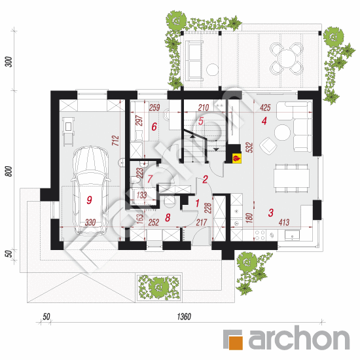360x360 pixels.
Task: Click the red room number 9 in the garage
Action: click(x=89, y=200)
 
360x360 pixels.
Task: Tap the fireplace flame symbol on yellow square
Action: click(x=237, y=158)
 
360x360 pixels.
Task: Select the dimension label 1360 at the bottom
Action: click(x=184, y=317)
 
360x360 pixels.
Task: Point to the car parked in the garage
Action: click(x=90, y=190)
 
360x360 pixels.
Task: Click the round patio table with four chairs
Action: click(x=287, y=58)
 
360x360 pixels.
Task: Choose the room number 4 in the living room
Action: click(x=264, y=121)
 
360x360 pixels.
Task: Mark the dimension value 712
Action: click(x=116, y=141)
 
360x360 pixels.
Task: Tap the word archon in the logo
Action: click(x=299, y=338)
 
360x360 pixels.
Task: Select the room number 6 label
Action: click(x=154, y=127)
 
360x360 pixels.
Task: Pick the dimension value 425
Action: click(x=265, y=107)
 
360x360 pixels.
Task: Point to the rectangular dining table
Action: click(x=291, y=178)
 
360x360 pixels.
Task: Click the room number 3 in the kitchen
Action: click(x=271, y=213)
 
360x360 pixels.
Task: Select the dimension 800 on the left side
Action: click(x=9, y=171)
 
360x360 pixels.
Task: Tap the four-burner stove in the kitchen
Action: click(x=259, y=235)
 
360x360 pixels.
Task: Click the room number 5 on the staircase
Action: click(x=201, y=121)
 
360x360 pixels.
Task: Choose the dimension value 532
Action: click(x=249, y=148)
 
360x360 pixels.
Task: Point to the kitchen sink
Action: click(x=292, y=236)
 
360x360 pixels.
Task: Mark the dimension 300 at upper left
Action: click(x=9, y=62)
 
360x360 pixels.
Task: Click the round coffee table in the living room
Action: click(x=282, y=132)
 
